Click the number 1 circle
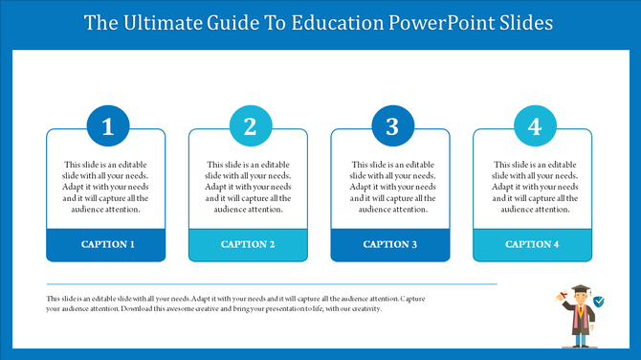(107, 126)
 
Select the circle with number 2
(250, 126)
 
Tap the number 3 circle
(392, 126)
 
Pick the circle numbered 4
(534, 126)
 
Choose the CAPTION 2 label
(249, 244)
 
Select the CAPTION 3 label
(390, 244)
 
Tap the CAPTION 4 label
(533, 244)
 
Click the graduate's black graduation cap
(580, 288)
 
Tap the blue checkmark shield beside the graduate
(599, 301)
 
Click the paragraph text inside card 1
(106, 187)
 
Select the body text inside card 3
(390, 187)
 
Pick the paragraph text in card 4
(533, 187)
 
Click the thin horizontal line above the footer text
(272, 284)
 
